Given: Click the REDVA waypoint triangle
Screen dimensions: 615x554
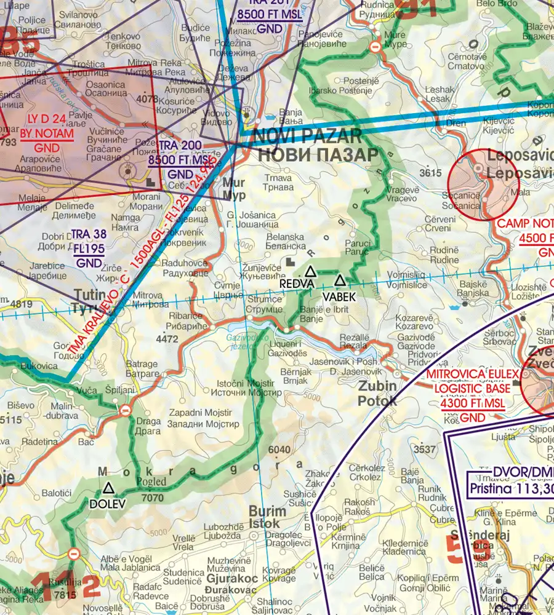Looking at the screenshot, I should [x=311, y=271].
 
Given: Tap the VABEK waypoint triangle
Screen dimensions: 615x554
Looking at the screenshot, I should [x=339, y=281].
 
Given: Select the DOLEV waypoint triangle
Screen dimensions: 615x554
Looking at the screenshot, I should [x=109, y=489].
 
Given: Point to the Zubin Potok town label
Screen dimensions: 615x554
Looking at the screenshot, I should [x=377, y=394].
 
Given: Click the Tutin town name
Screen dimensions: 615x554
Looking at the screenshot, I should [x=89, y=295].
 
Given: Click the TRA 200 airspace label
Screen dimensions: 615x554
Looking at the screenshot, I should [x=180, y=145].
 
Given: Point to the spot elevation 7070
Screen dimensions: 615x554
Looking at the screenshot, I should [x=152, y=498].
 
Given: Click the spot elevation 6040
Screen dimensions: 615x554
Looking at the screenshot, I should [x=279, y=450].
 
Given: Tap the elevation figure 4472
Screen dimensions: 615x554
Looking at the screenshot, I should [x=167, y=339].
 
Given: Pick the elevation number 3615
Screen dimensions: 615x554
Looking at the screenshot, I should [x=431, y=173].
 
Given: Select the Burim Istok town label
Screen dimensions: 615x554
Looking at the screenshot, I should [x=267, y=517].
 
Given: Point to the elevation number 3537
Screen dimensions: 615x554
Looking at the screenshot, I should [x=425, y=450].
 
